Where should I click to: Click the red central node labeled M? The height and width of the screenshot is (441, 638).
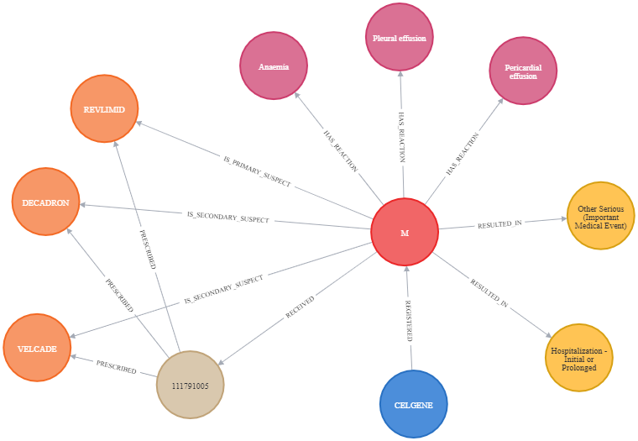tap(405, 232)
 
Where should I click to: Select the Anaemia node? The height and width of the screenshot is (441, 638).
tap(274, 66)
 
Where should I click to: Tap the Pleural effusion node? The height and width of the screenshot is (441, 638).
tap(399, 37)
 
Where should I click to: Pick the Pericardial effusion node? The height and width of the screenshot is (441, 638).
tap(523, 71)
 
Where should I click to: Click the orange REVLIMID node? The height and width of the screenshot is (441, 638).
tap(104, 108)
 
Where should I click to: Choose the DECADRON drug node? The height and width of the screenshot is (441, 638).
tap(45, 202)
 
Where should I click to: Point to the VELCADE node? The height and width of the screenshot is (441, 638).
tap(37, 348)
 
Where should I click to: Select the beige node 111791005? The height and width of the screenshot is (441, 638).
tap(190, 385)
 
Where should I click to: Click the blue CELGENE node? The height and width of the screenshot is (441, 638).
tap(413, 404)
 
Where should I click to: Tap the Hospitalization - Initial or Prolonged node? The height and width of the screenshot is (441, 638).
tap(578, 358)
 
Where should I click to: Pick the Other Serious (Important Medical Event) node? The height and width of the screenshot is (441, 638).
tap(600, 216)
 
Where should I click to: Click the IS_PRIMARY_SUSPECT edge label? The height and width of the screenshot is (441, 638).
tap(257, 171)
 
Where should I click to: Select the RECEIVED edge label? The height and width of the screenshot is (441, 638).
tap(300, 307)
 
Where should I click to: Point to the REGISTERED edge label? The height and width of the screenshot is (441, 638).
tap(409, 321)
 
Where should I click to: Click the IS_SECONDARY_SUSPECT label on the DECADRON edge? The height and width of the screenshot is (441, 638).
tap(227, 217)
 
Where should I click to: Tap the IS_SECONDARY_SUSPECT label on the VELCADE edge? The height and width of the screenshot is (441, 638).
tap(223, 290)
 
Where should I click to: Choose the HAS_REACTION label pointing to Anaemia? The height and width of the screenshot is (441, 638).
tap(341, 150)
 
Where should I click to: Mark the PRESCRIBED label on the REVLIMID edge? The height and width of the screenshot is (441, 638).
tap(148, 249)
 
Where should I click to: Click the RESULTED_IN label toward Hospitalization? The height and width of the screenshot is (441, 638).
tap(489, 293)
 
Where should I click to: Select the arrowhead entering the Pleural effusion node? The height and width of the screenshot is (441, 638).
tap(400, 74)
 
